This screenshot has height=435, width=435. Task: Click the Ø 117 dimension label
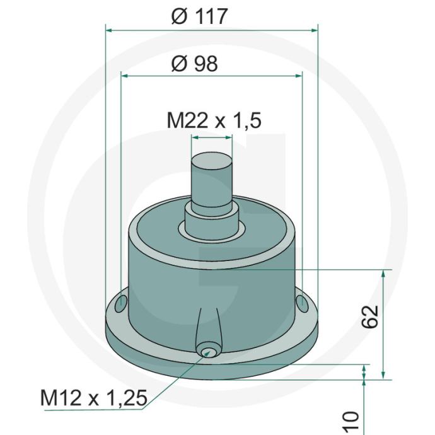click(x=199, y=16)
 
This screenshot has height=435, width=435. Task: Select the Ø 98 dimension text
click(x=195, y=64)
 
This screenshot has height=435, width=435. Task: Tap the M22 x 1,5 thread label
click(x=214, y=120)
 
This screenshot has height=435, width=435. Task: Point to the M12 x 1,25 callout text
click(x=94, y=398)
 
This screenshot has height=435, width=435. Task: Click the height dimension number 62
click(x=370, y=316)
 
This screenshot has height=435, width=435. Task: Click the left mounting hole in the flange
click(x=121, y=303)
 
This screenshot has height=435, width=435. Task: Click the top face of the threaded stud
click(x=212, y=160)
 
